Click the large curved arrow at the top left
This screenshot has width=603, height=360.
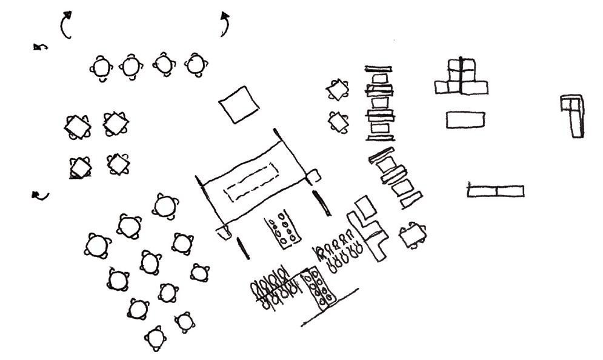click(x=64, y=25)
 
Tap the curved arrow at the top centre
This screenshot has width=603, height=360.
click(x=225, y=24)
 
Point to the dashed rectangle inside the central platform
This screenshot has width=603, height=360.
click(x=250, y=181)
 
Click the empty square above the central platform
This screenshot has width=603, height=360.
click(x=239, y=104)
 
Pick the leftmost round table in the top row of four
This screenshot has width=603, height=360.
click(x=101, y=67)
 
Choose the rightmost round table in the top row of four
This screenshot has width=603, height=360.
click(x=195, y=64)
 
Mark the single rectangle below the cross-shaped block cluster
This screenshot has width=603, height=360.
click(x=467, y=119)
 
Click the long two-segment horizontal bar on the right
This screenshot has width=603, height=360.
click(x=495, y=192)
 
